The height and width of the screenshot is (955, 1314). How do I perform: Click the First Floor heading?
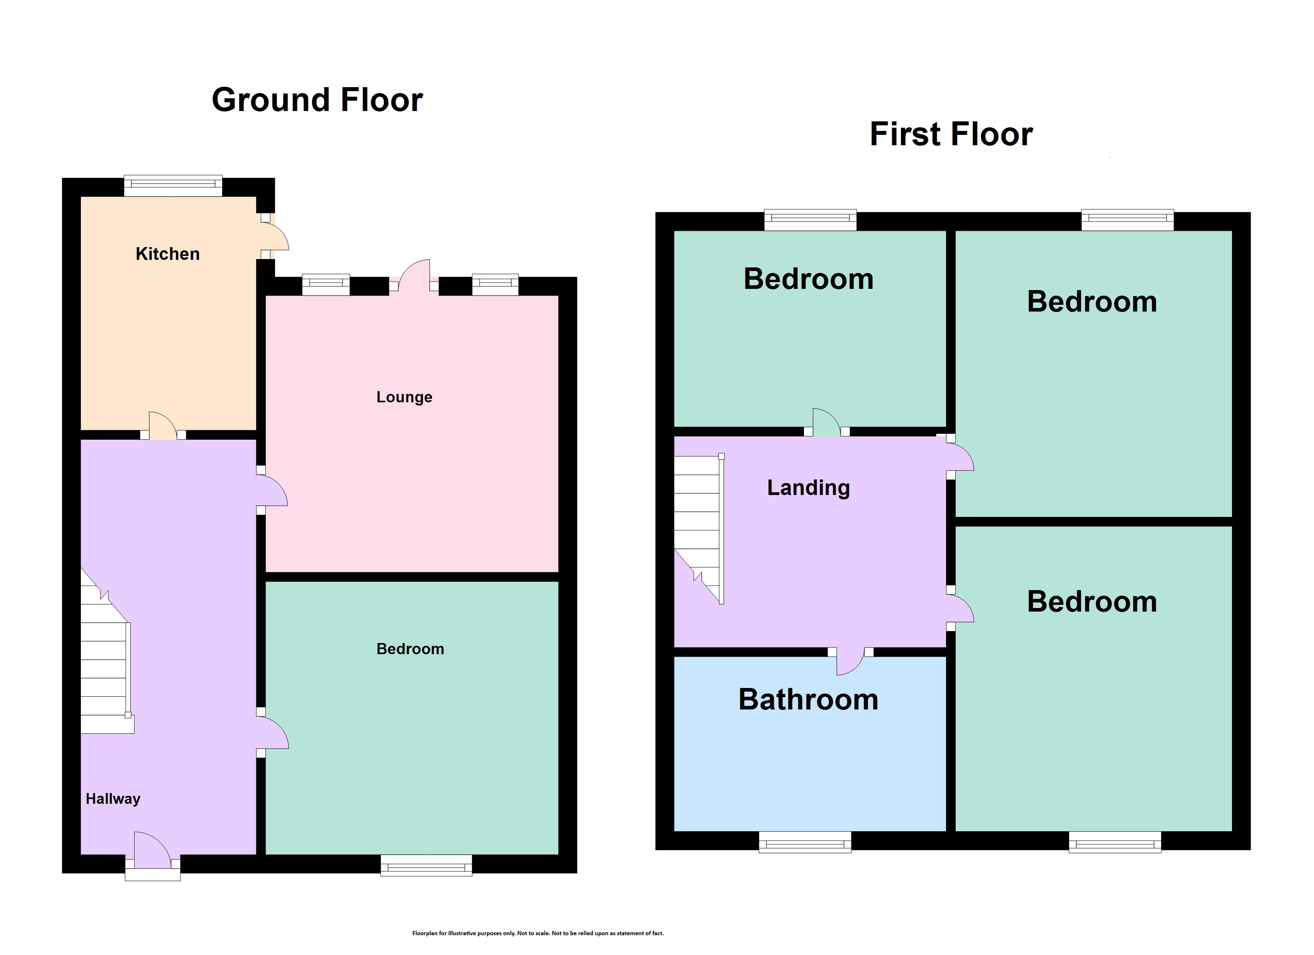pos(951,134)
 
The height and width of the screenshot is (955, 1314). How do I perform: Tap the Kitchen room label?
pos(168,253)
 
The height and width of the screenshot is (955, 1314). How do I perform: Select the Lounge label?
pos(405,397)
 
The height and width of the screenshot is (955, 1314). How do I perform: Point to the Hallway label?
pos(113,799)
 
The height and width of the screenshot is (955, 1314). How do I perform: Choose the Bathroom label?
pos(808,700)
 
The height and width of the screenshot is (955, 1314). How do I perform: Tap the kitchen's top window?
pos(173,185)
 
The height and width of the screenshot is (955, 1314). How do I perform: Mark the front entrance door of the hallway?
pos(153,855)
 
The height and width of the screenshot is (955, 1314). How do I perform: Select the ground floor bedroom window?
pos(426,865)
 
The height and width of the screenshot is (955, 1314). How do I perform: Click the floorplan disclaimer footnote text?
pos(538,933)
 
